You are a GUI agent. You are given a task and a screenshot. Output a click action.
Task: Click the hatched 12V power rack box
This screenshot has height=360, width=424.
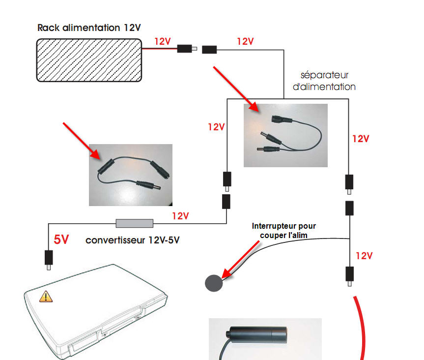[89, 60]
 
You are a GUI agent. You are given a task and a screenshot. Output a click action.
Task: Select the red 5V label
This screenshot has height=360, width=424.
[61, 240]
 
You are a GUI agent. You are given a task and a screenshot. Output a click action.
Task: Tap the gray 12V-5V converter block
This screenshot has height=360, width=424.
[134, 223]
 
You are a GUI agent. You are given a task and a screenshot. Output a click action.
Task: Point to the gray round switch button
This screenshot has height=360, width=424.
[213, 283]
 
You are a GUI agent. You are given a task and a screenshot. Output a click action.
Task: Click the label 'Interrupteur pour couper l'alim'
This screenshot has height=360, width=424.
[284, 230]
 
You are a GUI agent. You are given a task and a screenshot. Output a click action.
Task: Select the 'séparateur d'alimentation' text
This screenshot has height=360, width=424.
[328, 81]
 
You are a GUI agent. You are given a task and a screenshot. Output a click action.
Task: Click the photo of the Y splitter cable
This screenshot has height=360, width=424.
[285, 135]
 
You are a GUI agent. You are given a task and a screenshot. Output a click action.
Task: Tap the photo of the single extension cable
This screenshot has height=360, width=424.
[131, 175]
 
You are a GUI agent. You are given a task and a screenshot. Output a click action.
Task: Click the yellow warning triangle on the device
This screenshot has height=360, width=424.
[45, 296]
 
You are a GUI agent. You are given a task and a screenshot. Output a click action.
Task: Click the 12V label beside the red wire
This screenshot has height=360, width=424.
[163, 42]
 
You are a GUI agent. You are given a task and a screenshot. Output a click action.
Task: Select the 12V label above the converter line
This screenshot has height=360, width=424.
[180, 215]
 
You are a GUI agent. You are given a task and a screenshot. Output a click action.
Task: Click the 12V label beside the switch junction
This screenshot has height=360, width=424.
[364, 256]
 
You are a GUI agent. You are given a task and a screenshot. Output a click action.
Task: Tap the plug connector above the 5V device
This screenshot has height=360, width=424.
[49, 259]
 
